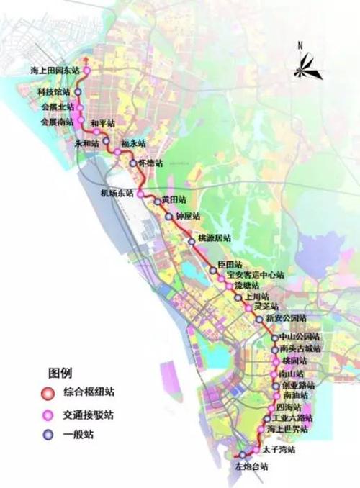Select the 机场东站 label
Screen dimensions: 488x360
tap(118, 194)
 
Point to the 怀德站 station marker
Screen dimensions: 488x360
tap(133, 163)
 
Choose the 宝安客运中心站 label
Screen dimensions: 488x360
tap(256, 275)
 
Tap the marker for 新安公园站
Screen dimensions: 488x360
tap(259, 318)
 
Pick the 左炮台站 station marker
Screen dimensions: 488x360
tap(243, 455)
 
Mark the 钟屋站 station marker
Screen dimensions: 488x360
tap(169, 215)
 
